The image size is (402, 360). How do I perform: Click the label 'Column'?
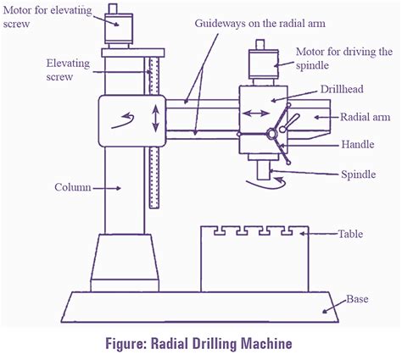coord(73,187)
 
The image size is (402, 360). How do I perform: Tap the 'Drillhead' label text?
coord(342,89)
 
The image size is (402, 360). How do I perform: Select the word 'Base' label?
coord(357,299)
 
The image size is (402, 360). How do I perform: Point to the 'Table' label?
coord(350,234)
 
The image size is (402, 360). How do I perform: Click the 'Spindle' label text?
coord(358,174)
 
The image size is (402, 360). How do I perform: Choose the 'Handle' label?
coord(358,145)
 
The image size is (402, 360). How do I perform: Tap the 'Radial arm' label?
coord(365,117)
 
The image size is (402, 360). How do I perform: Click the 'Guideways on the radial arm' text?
coord(260,24)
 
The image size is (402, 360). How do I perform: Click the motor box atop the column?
coord(119,29)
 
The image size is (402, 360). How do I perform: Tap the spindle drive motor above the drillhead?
coord(264,64)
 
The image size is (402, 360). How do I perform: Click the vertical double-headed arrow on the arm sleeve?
coord(155,119)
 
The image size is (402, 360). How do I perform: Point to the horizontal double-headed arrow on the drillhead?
coord(256,114)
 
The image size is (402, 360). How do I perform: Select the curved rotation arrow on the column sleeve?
coord(123,121)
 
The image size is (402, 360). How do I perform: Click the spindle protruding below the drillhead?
coord(264,170)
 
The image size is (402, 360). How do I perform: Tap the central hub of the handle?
coord(271,134)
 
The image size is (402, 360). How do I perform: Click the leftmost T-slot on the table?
coord(220,230)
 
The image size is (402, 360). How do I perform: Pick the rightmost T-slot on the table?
coord(288,230)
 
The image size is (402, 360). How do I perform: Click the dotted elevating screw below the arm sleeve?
coord(154,178)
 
